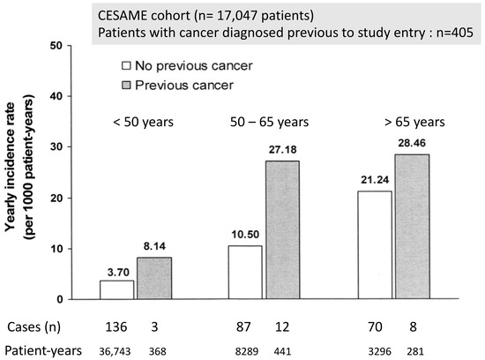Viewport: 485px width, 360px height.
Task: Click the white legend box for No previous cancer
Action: (126, 64)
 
